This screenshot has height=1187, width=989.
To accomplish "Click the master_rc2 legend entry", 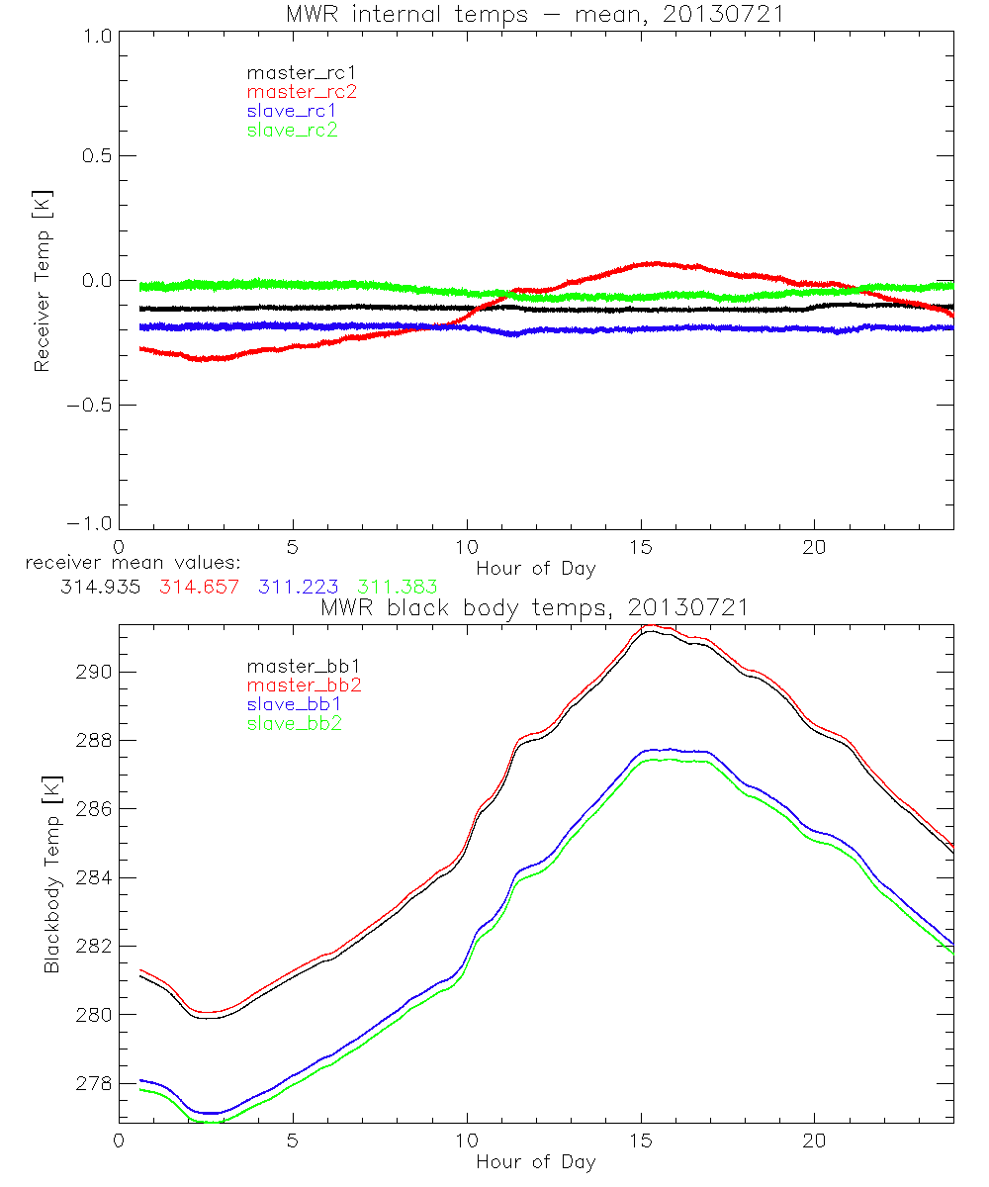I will coord(301,91).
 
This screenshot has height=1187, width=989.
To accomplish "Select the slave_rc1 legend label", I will coord(292,110).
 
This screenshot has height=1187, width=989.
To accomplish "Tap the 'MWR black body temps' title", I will coord(535,608).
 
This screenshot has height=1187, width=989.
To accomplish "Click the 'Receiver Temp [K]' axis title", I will coord(42,280).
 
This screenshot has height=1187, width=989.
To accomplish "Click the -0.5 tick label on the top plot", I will coord(90,406).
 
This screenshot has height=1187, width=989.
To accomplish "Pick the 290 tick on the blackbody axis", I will coord(92,673).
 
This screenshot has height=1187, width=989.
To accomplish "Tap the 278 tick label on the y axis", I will coord(92,1084).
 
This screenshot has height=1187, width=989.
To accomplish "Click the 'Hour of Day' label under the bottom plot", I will coord(535,1162).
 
